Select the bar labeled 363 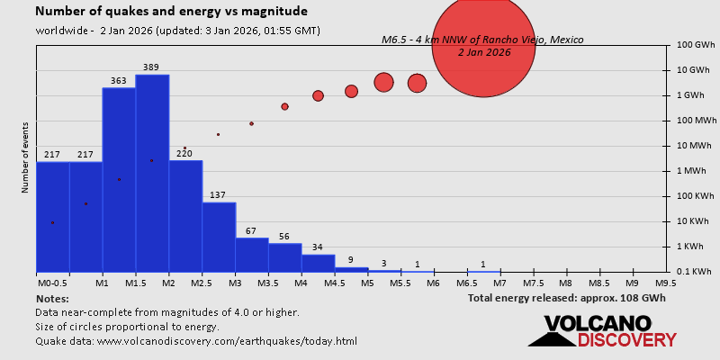tap(119, 180)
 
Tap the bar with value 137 tap(219, 237)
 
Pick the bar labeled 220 tap(185, 216)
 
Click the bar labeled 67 tap(252, 255)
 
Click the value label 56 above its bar tap(285, 236)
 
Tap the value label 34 tap(318, 247)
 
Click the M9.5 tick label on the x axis tap(666, 283)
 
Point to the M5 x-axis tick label tap(367, 283)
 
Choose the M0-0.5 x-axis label tap(52, 283)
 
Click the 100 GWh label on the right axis tap(696, 44)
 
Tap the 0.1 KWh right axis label tap(696, 271)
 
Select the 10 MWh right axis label tap(696, 145)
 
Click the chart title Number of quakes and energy tap(171, 12)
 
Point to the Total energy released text tap(567, 298)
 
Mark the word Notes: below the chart tap(52, 298)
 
